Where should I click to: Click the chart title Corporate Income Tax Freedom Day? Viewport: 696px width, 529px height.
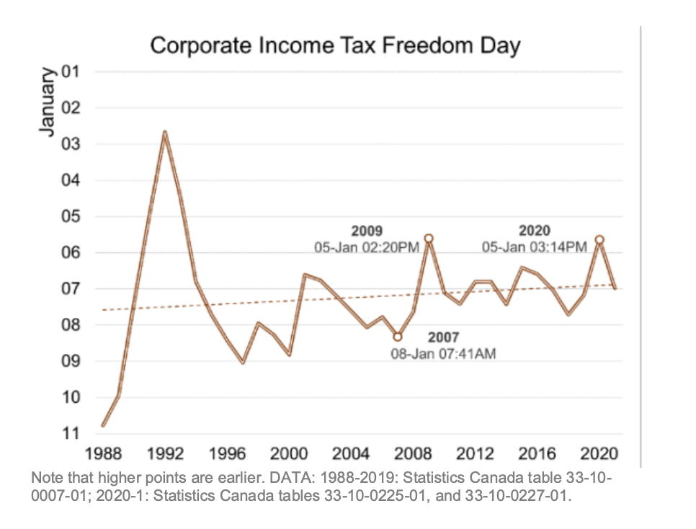click(335, 46)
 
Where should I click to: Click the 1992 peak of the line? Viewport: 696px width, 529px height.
click(165, 133)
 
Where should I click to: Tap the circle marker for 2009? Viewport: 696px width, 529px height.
click(429, 238)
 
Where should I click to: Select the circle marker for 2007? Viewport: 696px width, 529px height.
click(398, 337)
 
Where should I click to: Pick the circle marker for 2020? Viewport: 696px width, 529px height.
click(599, 239)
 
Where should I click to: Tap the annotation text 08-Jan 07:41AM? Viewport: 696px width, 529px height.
click(443, 354)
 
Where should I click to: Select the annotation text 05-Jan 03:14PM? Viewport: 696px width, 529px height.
click(534, 247)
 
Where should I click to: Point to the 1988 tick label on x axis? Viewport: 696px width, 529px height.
click(103, 454)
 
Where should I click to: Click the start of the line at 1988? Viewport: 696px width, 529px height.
click(103, 425)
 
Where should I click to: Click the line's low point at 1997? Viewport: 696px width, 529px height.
click(243, 362)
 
